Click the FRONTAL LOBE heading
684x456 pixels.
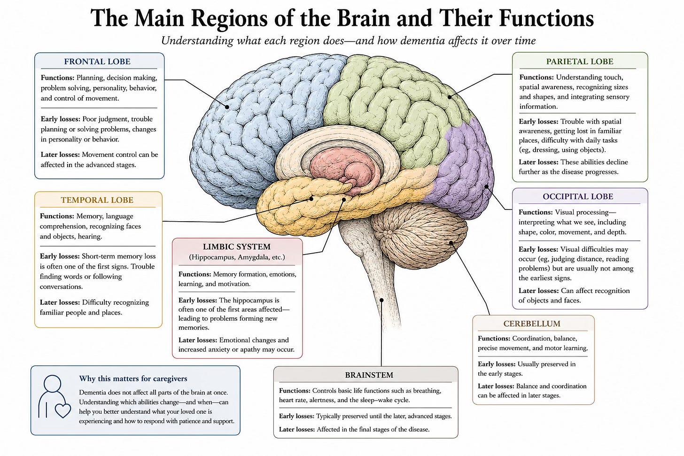pos(97,62)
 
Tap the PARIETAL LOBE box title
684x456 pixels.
pos(580,62)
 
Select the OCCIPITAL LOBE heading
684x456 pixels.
pos(578,197)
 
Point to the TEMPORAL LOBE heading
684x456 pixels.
pos(97,200)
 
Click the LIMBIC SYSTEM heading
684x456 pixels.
pos(237,247)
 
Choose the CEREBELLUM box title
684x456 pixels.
pos(532,324)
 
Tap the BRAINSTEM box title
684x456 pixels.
pos(369,375)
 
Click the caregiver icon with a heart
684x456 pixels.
pos(54,397)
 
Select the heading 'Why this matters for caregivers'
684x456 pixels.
pos(133,379)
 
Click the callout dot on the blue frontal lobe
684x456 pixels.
pos(227,107)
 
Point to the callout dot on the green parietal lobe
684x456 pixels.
pos(450,97)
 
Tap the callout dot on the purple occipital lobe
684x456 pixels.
pos(486,186)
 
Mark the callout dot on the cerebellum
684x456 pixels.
pos(451,243)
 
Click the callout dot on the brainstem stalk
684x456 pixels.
pos(381,300)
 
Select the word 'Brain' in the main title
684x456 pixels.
pos(363,18)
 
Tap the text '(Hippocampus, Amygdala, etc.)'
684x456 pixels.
pos(237,257)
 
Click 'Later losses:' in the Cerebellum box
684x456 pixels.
pos(496,386)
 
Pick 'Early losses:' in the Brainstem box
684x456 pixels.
pos(296,417)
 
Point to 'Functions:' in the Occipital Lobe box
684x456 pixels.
pos(536,212)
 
